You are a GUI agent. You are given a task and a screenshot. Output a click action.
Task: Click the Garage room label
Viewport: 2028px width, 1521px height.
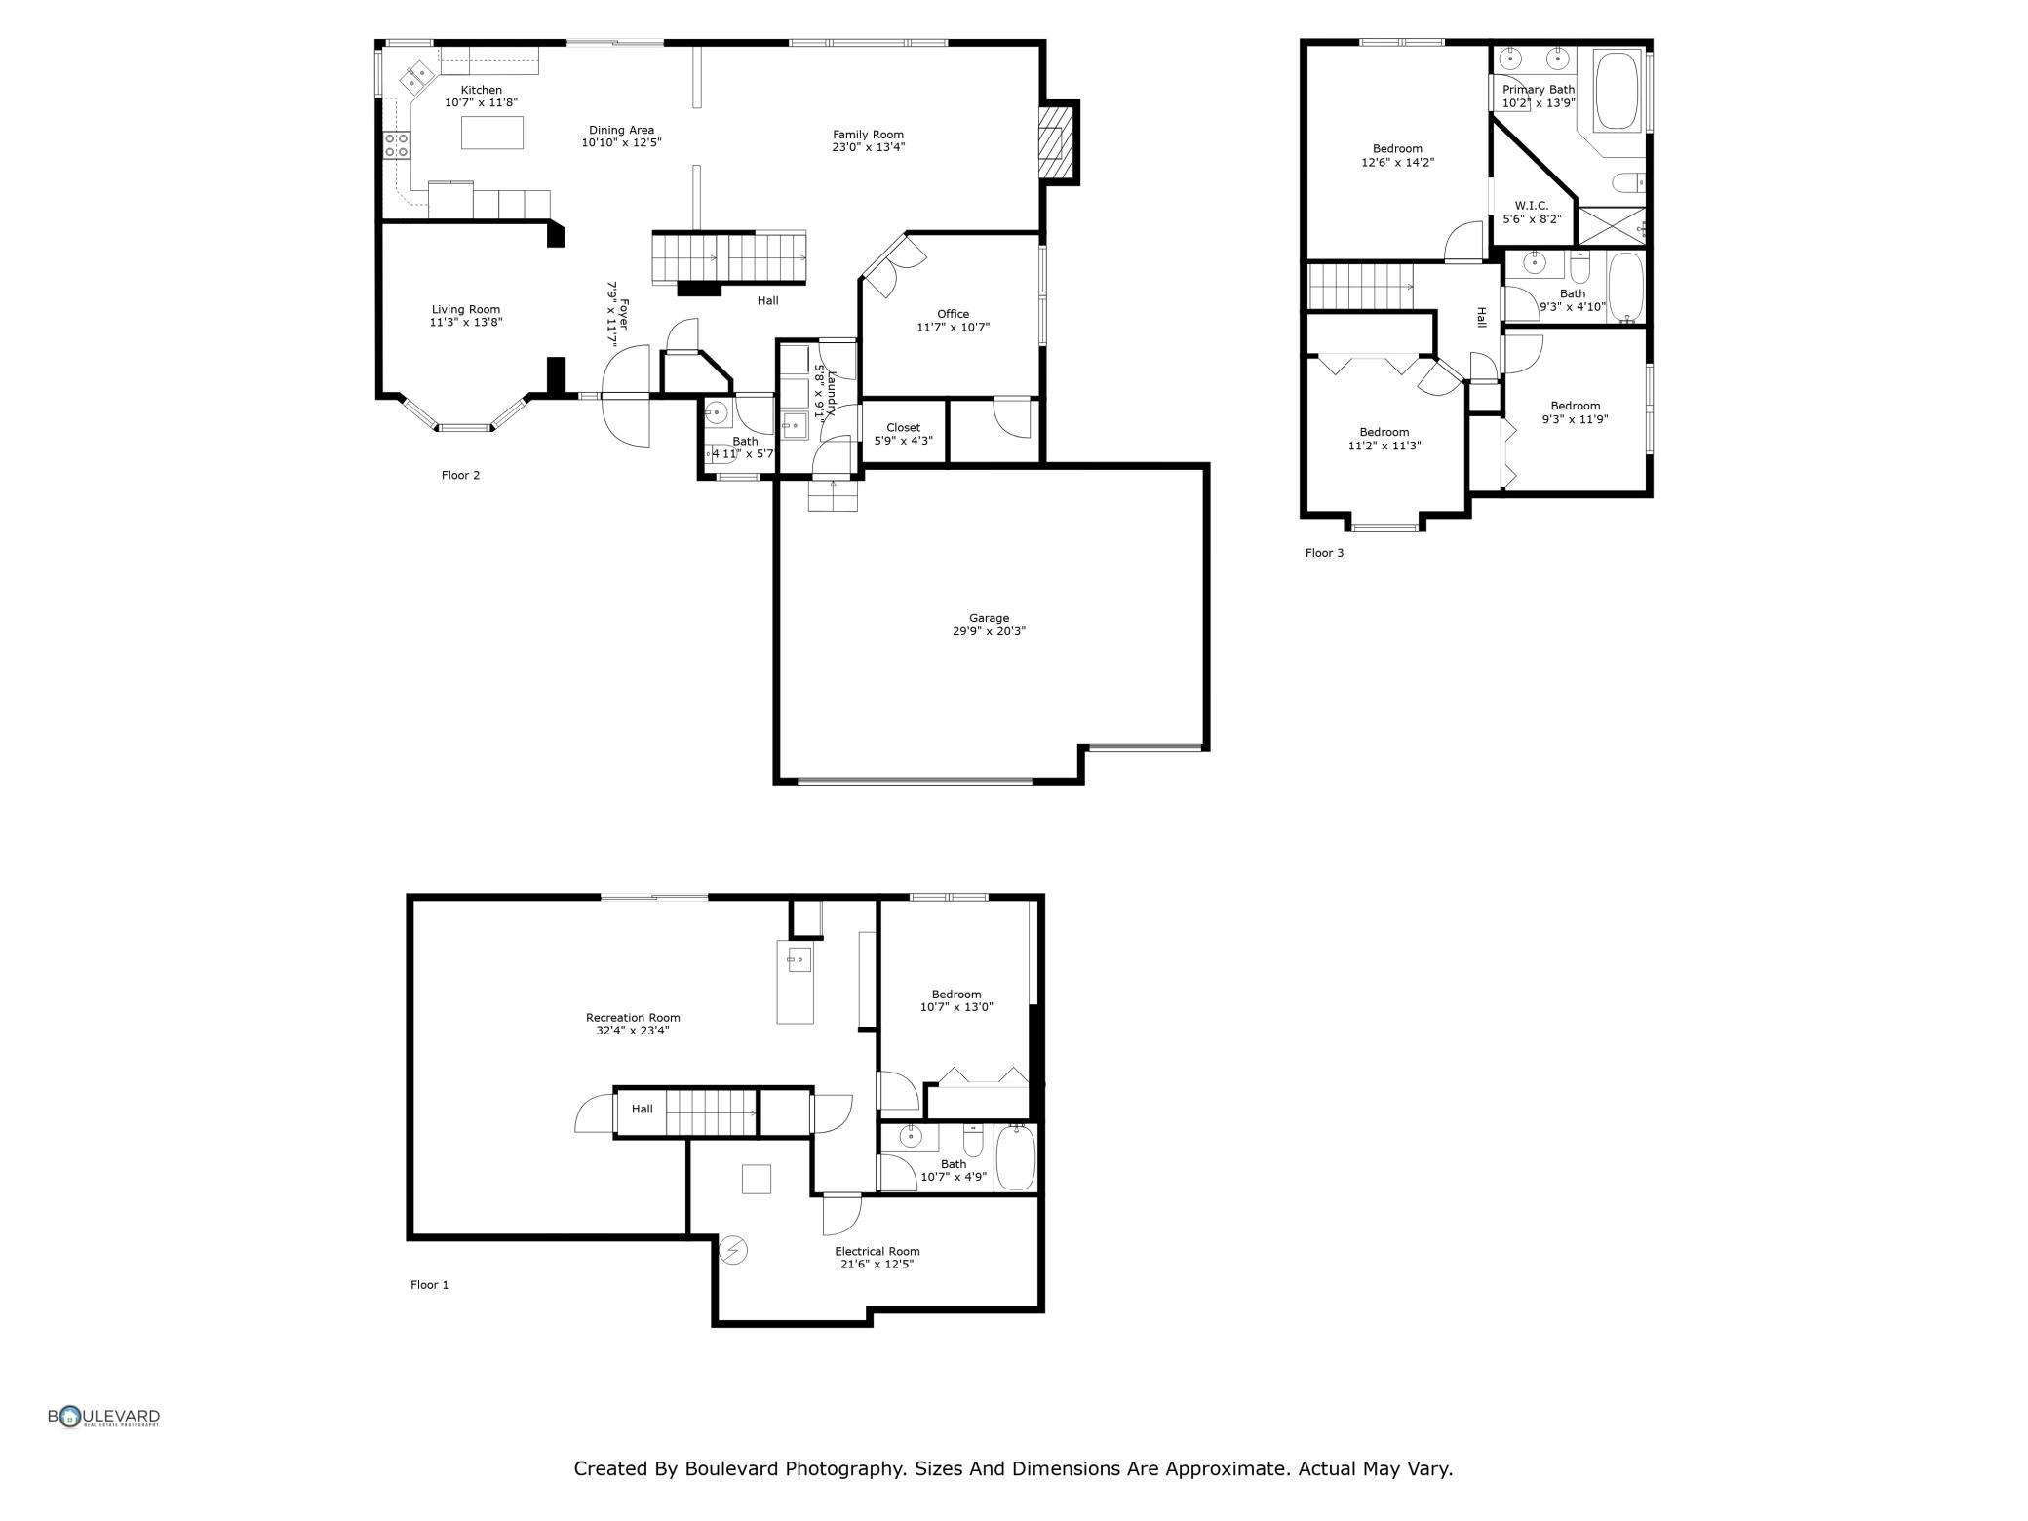tap(989, 618)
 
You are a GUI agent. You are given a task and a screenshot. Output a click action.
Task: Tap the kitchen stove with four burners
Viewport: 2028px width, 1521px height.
tap(396, 145)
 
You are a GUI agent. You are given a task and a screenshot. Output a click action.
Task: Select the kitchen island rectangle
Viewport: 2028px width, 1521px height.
tap(491, 132)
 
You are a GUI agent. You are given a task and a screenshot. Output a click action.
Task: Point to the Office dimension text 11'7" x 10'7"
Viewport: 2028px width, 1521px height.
tap(953, 328)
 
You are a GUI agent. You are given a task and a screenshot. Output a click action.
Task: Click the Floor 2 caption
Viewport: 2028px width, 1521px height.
tap(460, 476)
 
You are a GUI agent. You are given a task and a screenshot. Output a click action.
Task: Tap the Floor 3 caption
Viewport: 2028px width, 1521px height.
tap(1324, 553)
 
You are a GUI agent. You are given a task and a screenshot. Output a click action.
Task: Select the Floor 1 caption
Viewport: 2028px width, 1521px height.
tap(429, 1285)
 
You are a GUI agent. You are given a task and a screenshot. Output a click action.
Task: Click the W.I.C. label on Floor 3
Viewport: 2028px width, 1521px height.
tap(1531, 206)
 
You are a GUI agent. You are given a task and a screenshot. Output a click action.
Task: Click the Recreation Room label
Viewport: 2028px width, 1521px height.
tap(633, 1018)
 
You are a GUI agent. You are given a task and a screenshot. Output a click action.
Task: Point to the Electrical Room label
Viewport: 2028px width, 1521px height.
tap(877, 1252)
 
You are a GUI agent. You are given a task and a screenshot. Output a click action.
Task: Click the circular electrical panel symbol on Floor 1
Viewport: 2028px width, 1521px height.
tap(732, 1250)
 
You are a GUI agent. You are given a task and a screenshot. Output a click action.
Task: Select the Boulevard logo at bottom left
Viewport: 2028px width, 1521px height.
tap(104, 1417)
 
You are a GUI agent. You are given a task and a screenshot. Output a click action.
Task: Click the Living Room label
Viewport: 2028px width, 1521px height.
tap(466, 310)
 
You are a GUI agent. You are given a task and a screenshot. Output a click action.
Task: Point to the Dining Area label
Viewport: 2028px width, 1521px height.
tap(621, 131)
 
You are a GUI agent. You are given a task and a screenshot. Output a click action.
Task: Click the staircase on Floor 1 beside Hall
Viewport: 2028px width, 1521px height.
tap(712, 1112)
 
